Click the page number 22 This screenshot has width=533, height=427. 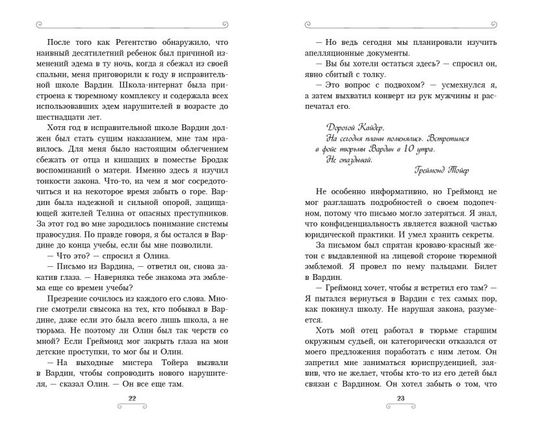pyautogui.click(x=132, y=398)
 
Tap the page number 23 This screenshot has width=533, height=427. pyautogui.click(x=400, y=398)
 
